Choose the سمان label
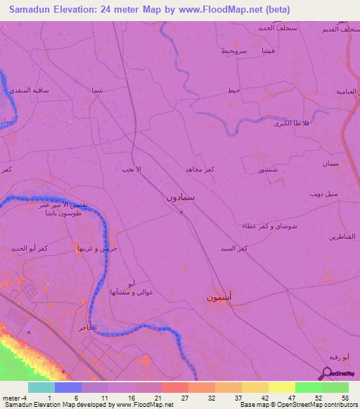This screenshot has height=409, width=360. (x=330, y=163)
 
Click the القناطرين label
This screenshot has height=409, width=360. (x=342, y=237)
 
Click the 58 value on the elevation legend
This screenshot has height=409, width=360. (x=345, y=397)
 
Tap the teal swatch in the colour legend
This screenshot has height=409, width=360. (x=41, y=387)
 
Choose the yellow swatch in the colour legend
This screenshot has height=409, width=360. (x=281, y=387)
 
